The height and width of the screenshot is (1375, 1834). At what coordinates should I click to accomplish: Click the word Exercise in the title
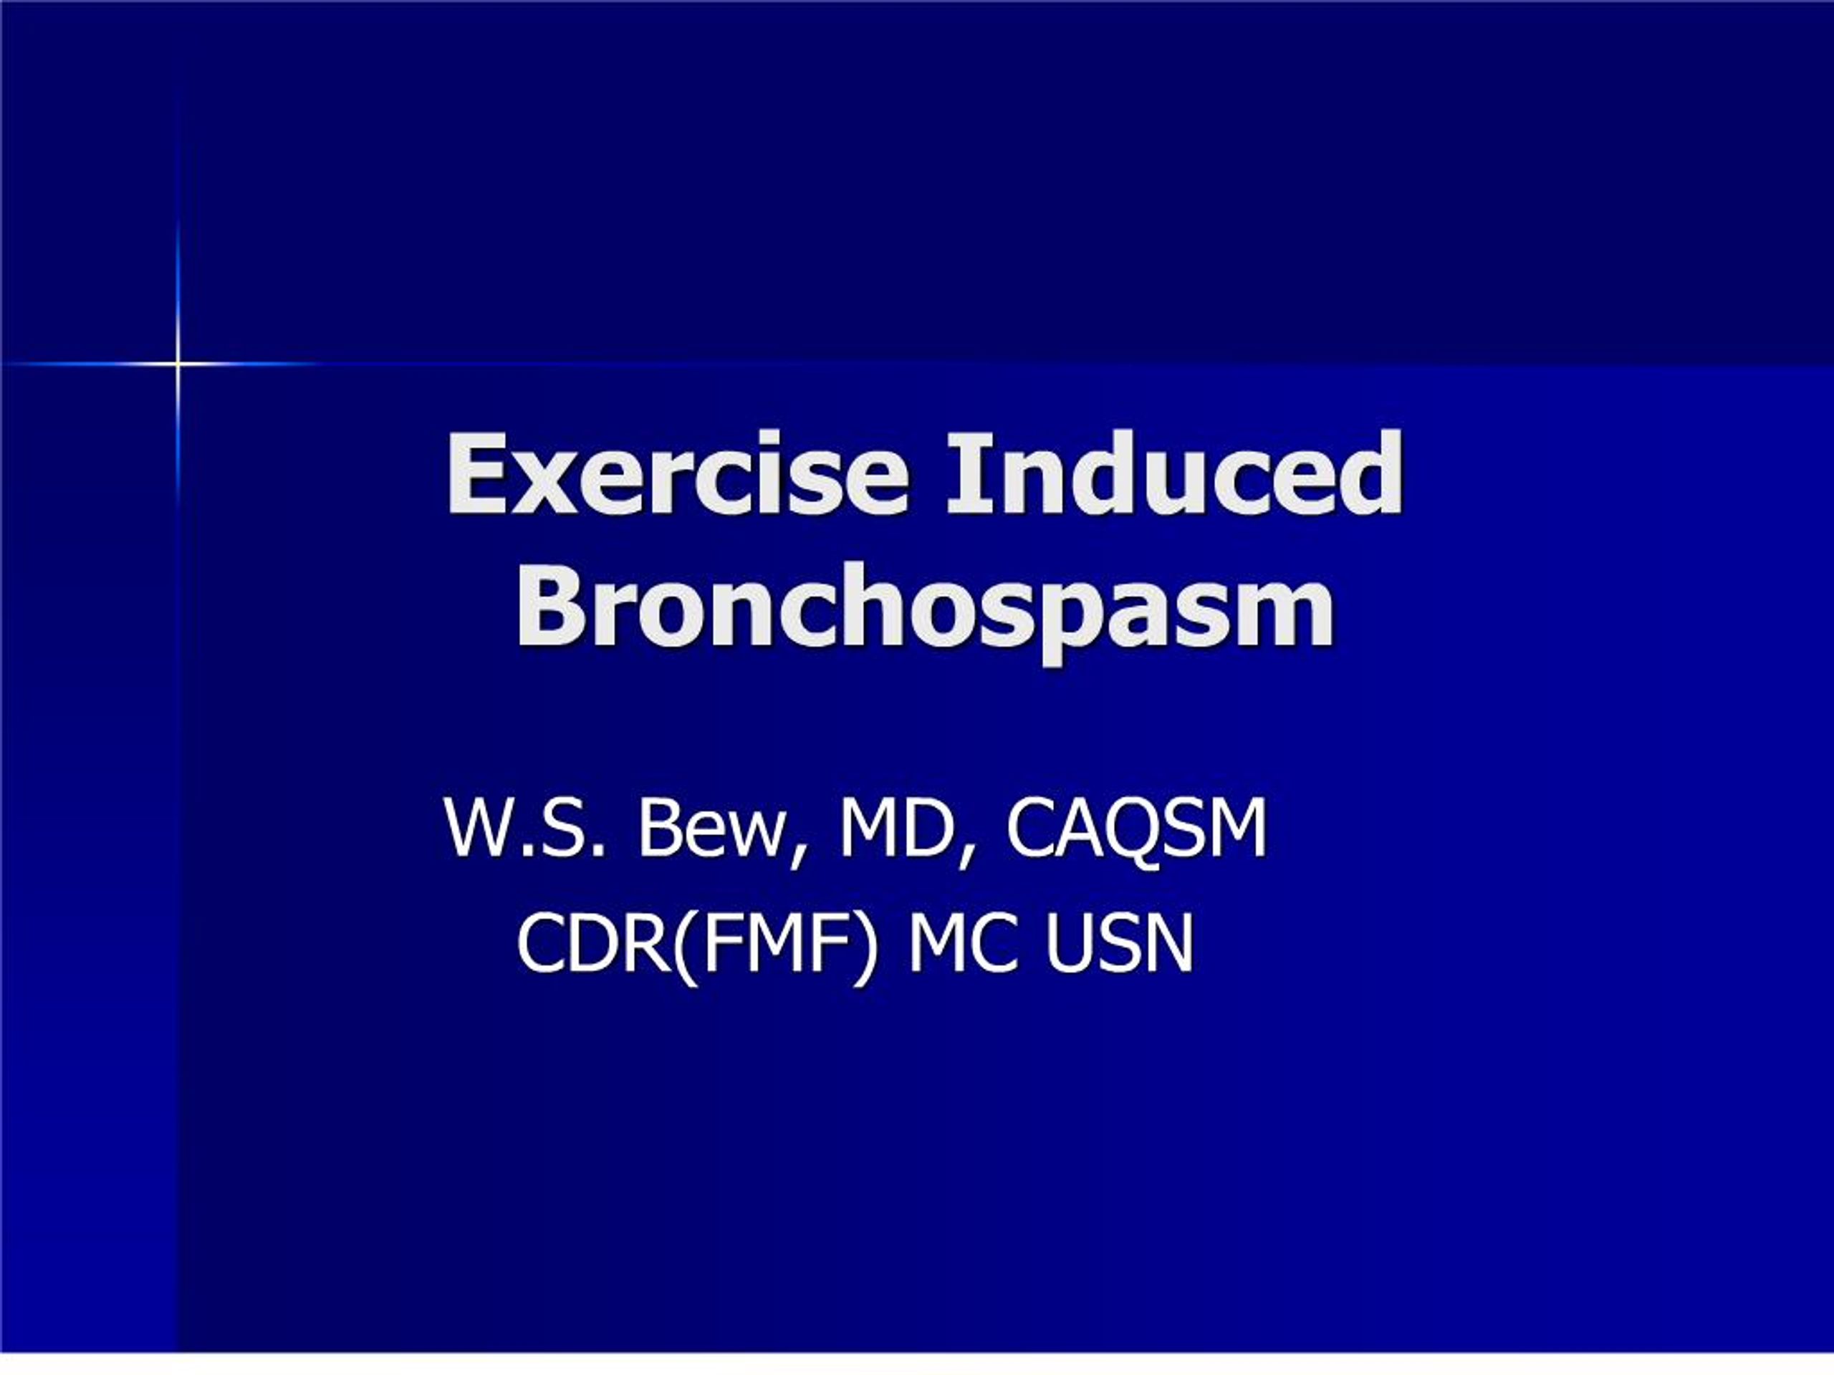(x=676, y=474)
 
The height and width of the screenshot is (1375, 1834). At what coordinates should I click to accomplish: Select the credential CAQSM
(x=1137, y=828)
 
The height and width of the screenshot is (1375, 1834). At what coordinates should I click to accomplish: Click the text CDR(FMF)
(x=696, y=944)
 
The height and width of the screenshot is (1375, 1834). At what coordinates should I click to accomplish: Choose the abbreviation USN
(x=1118, y=944)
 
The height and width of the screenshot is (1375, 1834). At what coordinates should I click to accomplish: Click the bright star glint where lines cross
(x=178, y=363)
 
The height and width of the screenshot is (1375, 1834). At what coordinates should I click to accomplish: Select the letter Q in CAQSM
(x=1116, y=828)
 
